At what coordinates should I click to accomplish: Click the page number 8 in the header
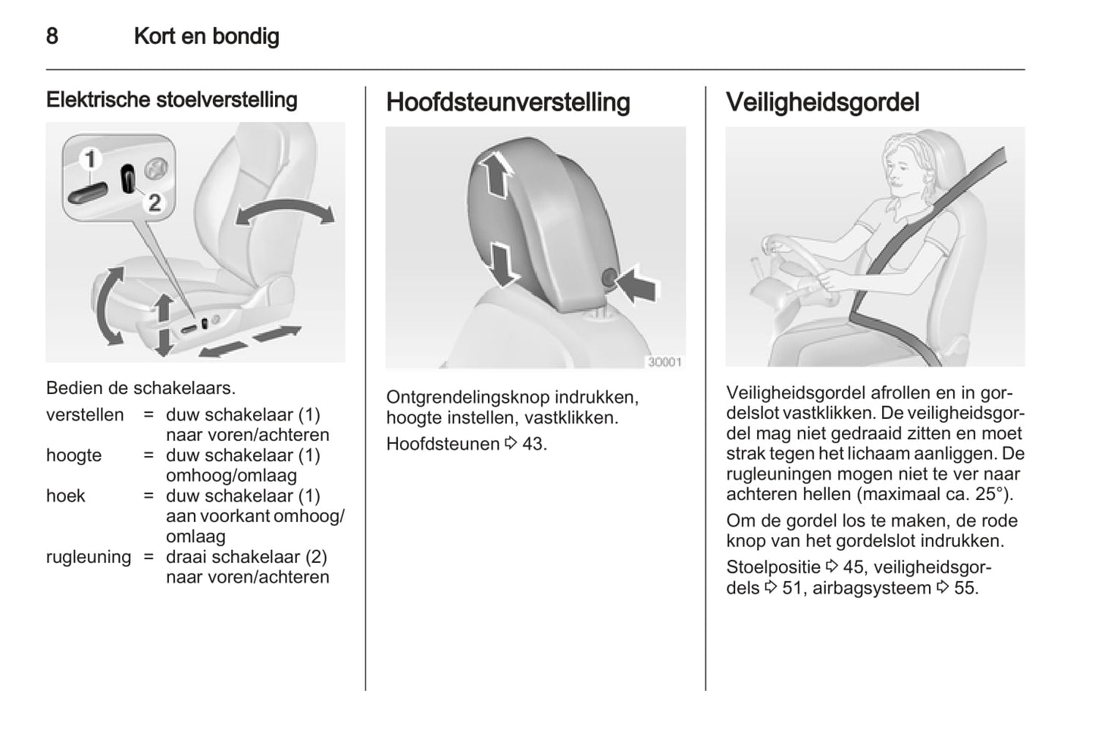[x=52, y=36]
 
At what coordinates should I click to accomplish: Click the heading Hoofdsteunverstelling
[x=508, y=102]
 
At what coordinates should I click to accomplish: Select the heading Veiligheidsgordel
[x=822, y=102]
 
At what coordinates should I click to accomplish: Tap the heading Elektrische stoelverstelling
[x=171, y=99]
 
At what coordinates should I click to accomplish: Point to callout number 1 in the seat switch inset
[x=90, y=160]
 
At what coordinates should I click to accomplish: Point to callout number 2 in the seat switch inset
[x=155, y=202]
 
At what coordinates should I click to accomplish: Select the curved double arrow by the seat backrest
[x=284, y=211]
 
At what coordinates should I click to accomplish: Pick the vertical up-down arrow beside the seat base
[x=163, y=324]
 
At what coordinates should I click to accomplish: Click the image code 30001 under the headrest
[x=665, y=362]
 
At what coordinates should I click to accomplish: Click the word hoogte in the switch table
[x=74, y=455]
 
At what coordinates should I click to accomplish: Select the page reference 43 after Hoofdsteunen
[x=533, y=444]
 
